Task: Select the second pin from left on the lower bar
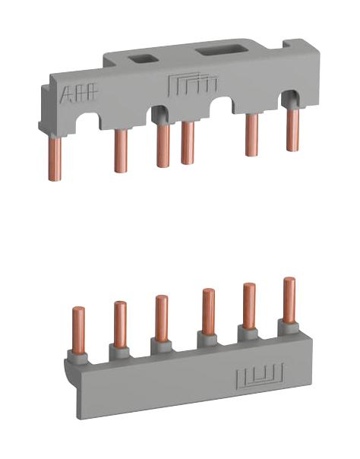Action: click(x=120, y=324)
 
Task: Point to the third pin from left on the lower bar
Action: click(x=161, y=317)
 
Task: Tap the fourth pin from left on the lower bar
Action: click(x=208, y=311)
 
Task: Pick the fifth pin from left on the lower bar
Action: click(x=248, y=305)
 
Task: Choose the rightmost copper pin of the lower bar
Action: click(x=289, y=299)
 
